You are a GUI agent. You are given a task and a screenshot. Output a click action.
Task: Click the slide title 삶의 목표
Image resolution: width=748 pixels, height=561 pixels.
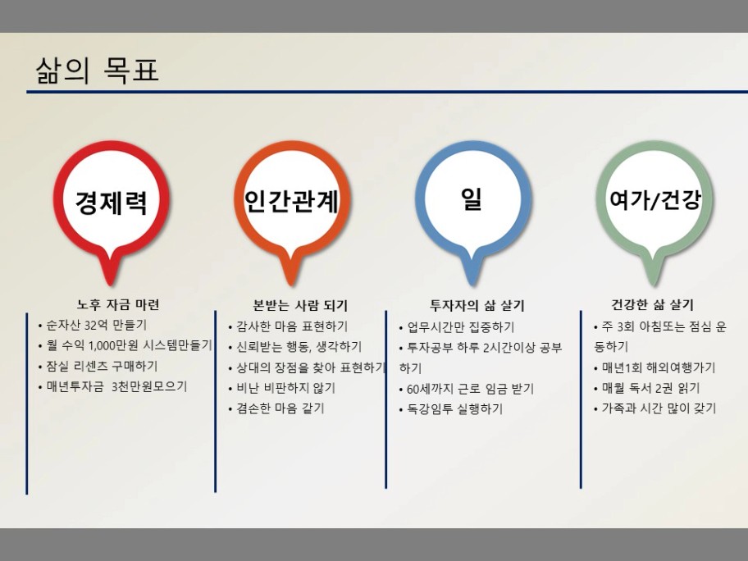[97, 70]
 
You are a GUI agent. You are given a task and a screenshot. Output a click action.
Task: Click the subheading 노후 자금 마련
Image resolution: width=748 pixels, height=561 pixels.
[118, 304]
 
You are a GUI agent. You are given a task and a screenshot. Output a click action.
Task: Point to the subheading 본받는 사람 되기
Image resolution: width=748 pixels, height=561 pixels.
[300, 305]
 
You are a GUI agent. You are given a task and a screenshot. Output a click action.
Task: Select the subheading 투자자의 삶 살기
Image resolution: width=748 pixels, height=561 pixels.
[477, 305]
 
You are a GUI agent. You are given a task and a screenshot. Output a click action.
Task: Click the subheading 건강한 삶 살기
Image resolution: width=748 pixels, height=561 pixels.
[653, 304]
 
